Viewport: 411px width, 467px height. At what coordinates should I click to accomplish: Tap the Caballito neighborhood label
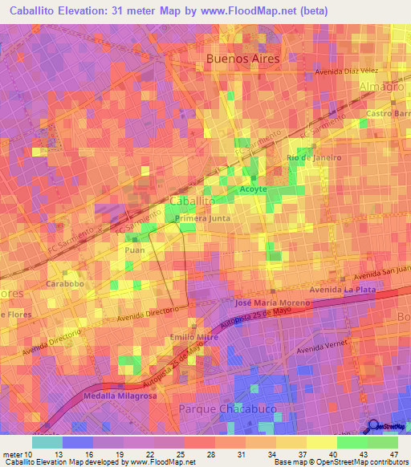[192, 200]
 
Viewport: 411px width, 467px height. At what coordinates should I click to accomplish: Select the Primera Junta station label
[196, 217]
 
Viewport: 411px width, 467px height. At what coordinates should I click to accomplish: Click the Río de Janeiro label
[314, 157]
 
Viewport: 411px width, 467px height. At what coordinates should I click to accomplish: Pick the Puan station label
[136, 250]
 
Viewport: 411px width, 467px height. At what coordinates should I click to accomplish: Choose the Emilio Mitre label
[195, 336]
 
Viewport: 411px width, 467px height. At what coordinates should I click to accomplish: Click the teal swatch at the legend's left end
[47, 441]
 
